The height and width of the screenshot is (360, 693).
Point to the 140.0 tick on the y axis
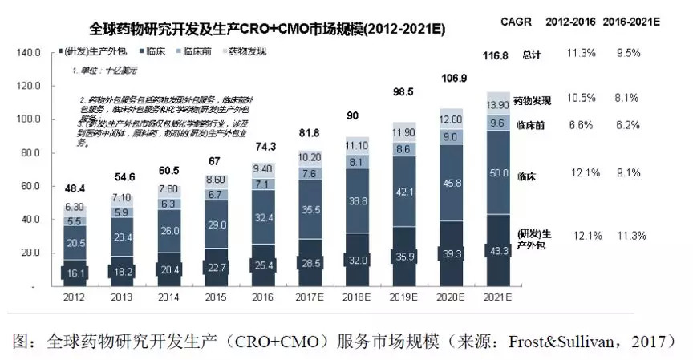27,52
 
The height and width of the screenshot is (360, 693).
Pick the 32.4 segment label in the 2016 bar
262,216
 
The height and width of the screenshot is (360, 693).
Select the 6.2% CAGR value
626,126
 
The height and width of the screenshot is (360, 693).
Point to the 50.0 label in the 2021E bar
498,173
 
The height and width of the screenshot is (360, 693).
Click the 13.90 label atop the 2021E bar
498,105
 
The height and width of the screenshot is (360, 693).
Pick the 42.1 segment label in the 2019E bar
403,192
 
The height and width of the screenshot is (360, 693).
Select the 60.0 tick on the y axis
30,186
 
